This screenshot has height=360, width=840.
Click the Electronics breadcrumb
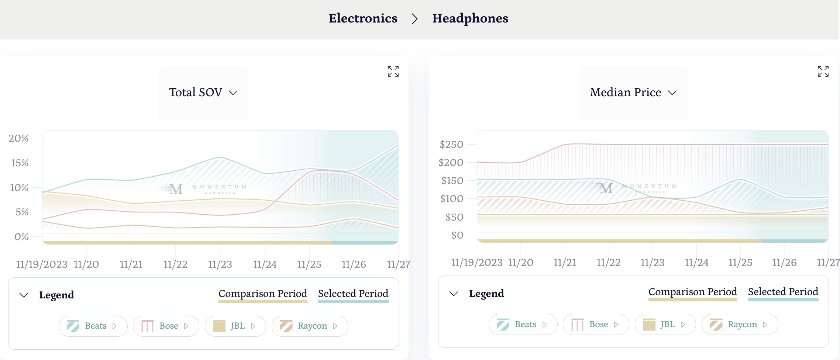[363, 18]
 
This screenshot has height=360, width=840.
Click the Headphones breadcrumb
[470, 18]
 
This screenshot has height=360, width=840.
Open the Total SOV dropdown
[203, 92]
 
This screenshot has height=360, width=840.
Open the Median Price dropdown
[633, 92]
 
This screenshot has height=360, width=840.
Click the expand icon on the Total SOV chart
[393, 71]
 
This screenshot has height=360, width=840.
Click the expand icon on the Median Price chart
[823, 71]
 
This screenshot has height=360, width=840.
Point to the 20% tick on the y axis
[18, 138]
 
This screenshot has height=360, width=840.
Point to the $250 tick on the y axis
[451, 145]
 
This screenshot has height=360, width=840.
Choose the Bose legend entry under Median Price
[596, 325]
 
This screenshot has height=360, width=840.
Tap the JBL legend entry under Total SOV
[235, 326]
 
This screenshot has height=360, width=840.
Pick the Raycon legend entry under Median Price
[740, 325]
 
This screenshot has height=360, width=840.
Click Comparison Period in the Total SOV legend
[263, 294]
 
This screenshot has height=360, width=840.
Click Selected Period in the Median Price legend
[783, 292]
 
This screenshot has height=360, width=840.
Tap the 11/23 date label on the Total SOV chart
[220, 264]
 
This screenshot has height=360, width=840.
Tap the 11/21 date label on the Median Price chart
[565, 263]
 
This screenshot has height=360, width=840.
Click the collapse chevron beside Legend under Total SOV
[24, 295]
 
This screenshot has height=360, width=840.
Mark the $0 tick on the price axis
[457, 235]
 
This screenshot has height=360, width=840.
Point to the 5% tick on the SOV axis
[22, 212]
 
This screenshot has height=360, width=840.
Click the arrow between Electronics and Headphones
[415, 19]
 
